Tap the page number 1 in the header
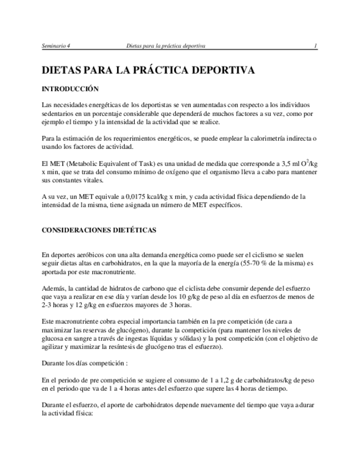(315, 46)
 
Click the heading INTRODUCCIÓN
(70, 88)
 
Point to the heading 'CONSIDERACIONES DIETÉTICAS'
(99, 230)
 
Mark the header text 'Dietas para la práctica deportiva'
(165, 46)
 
